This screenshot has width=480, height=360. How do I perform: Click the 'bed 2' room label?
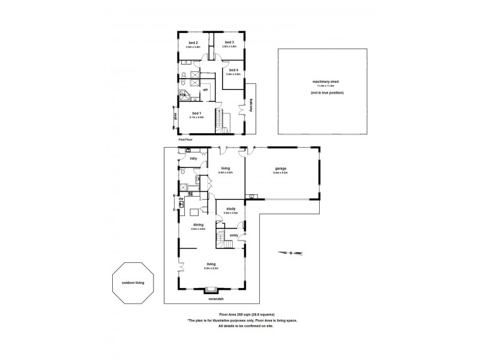[193, 43]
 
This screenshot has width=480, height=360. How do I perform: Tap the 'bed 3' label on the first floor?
[229, 42]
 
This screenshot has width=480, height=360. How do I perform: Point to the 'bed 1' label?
[196, 113]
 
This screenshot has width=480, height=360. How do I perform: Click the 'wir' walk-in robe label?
[206, 89]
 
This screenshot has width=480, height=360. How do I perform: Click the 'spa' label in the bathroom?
[182, 95]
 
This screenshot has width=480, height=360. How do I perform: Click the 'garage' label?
[281, 169]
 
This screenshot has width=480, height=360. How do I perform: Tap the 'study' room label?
[230, 209]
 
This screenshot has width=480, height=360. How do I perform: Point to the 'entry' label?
[233, 235]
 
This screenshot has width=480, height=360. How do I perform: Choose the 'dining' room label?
[197, 224]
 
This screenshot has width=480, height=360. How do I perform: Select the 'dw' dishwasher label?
[181, 198]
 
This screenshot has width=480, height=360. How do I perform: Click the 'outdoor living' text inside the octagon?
[133, 283]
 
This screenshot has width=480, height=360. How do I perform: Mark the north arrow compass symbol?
[287, 253]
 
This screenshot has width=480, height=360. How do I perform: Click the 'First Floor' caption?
[185, 139]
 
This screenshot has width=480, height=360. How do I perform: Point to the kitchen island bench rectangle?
[195, 211]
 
